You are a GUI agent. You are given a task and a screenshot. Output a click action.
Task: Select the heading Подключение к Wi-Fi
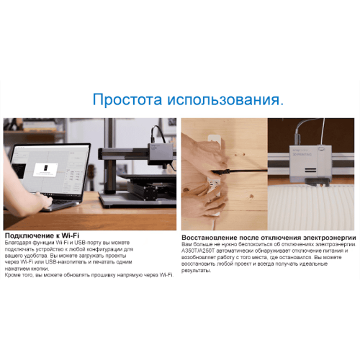[42, 235]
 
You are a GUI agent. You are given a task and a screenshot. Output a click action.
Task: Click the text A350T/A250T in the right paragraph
[199, 251]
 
